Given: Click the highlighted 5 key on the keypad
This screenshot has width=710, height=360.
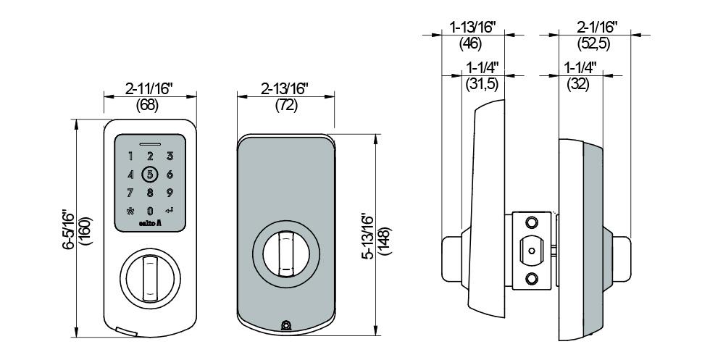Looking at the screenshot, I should click(150, 174).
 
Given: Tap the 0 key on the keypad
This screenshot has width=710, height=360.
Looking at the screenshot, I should click(150, 211).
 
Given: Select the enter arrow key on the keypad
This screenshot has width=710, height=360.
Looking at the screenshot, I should click(170, 211).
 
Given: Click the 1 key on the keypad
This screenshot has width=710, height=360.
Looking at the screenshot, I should click(130, 156).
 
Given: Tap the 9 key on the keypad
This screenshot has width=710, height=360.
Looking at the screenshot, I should click(170, 193).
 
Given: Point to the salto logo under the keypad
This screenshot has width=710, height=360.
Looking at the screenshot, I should click(150, 225).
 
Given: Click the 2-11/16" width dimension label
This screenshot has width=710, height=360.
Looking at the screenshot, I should click(149, 90).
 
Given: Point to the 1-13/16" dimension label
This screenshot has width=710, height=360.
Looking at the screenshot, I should click(472, 28).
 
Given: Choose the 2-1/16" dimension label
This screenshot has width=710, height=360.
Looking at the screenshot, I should click(596, 28).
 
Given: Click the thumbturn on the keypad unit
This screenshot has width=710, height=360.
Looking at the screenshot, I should click(150, 277).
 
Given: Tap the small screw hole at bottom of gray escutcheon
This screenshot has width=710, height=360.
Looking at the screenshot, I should click(285, 326).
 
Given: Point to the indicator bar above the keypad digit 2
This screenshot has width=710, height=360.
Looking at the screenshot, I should click(150, 142).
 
